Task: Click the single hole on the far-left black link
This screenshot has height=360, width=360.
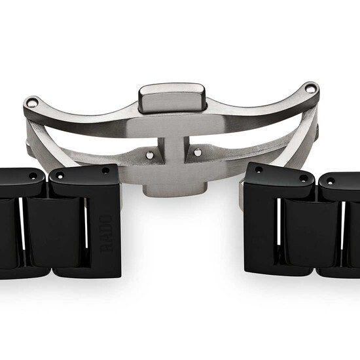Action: pos(31,173)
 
